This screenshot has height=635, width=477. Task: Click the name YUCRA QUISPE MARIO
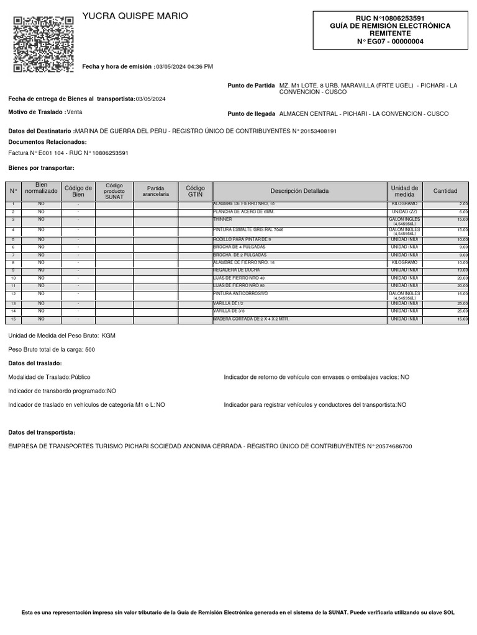135,16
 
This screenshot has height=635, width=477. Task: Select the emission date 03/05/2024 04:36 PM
184,66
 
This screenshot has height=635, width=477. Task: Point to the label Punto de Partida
251,85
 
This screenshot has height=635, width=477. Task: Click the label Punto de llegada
251,114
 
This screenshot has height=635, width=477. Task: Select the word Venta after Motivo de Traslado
75,112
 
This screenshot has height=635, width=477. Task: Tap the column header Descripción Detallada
299,191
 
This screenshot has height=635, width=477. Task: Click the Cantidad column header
445,191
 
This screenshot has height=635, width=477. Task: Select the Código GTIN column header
195,191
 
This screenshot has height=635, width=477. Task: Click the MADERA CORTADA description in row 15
251,319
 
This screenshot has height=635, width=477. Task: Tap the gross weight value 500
90,350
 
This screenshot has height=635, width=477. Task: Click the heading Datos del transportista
42,432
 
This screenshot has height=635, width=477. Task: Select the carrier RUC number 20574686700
389,446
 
